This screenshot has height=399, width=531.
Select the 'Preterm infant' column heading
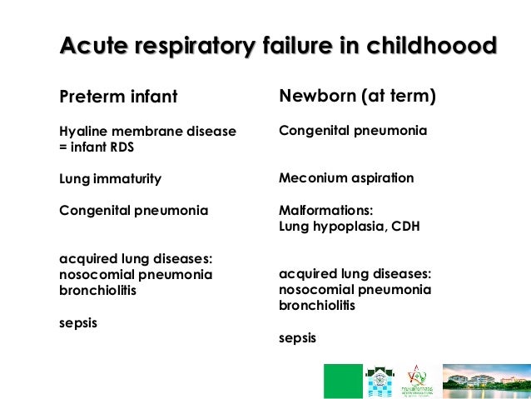118,97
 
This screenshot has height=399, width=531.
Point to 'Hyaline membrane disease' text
147,132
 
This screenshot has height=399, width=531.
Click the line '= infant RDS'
97,147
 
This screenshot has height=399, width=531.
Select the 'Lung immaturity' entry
110,179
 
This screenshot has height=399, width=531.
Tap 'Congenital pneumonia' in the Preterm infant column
134,211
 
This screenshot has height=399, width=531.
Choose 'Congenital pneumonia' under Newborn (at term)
353,131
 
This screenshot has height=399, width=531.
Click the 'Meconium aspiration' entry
345,178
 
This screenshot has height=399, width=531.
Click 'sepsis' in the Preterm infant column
78,322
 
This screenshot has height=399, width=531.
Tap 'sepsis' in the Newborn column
297,337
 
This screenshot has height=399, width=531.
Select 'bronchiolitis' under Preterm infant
97,291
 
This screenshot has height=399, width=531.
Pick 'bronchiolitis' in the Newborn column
317,306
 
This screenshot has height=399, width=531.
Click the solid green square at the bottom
343,381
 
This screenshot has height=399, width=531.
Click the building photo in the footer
486,381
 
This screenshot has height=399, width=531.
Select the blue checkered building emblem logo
380,381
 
